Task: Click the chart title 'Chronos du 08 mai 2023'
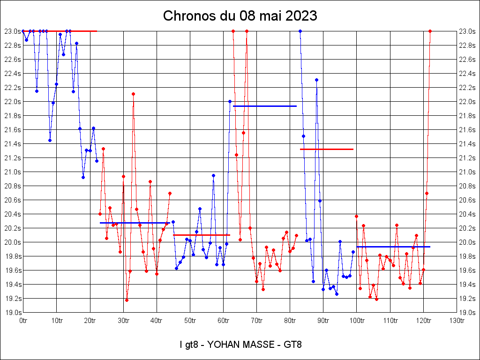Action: [240, 16]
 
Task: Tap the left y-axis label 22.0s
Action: [13, 102]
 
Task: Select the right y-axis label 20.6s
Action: [467, 200]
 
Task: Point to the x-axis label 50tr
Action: [190, 321]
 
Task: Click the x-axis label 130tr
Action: [457, 321]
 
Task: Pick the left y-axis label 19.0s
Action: [13, 313]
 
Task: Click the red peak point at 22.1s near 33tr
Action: [133, 94]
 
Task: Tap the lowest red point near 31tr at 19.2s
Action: [127, 300]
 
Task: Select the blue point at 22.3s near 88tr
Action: [316, 80]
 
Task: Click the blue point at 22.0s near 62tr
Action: [230, 101]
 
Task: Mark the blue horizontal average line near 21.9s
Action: [265, 106]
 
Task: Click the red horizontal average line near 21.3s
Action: [326, 149]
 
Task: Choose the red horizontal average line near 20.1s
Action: [202, 235]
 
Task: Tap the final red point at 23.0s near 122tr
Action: [430, 31]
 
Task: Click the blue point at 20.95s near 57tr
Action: [213, 175]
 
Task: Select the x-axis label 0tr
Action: [23, 321]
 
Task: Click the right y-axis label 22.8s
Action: [467, 45]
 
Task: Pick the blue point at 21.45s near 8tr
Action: [50, 140]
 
